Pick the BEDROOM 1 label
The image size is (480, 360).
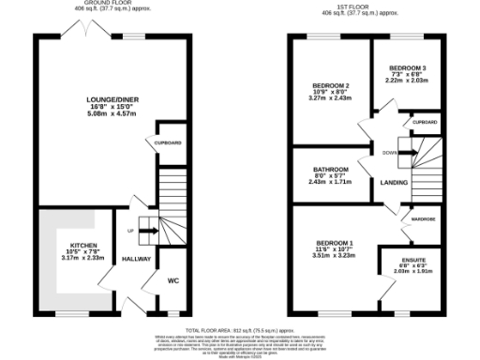(x=335, y=243)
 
